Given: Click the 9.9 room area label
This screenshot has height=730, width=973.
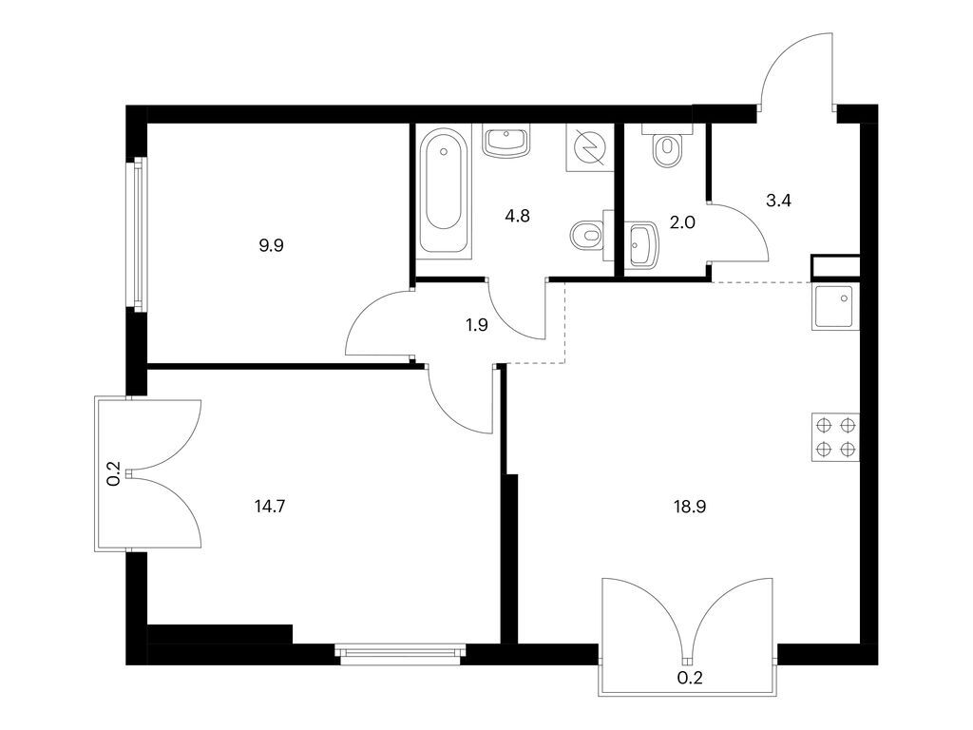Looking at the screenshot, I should pos(272,244).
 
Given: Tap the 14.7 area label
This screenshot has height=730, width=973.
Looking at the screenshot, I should pos(272,507).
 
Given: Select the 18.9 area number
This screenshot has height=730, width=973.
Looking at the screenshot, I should pos(690,507).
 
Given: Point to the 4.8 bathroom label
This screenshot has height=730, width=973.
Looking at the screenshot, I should pos(517,215).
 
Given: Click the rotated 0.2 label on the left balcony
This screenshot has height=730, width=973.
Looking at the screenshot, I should pos(113,473).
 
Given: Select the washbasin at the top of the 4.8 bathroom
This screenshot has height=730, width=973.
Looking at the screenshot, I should pos(507,143).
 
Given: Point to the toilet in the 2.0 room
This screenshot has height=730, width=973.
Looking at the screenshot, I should pos(669,146).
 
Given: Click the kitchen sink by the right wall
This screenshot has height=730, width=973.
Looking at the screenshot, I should pos(836,306).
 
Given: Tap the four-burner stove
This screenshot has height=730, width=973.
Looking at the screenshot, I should pos(836,437).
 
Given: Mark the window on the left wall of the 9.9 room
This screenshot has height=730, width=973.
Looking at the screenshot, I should pos(139,233).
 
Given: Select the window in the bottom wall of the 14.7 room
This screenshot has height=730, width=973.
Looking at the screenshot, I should pos(401,652).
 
